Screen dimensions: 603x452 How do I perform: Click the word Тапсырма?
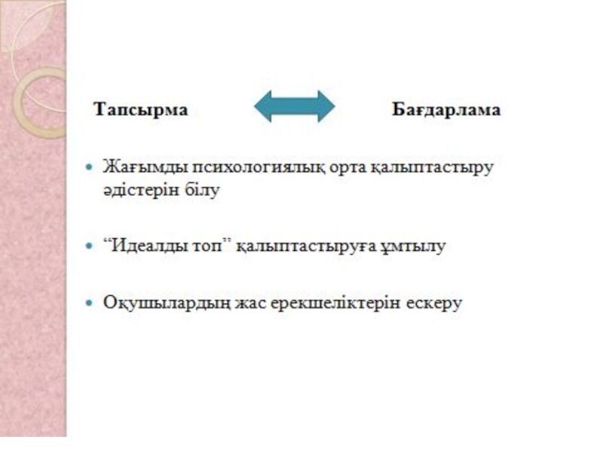141,109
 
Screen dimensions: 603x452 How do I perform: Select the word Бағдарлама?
446,109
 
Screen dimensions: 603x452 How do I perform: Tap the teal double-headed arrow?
294,107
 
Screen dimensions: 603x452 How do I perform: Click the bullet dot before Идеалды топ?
91,246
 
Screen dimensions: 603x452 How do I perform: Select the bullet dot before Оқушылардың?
91,303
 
